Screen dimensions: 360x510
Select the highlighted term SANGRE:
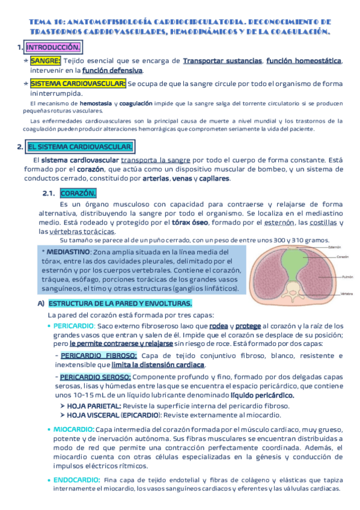tap(45, 61)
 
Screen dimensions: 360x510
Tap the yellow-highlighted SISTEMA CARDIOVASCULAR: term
tap(78, 84)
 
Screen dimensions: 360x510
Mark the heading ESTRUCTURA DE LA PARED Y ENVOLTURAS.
tap(120, 304)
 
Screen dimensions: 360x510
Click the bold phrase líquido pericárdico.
tap(262, 396)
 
